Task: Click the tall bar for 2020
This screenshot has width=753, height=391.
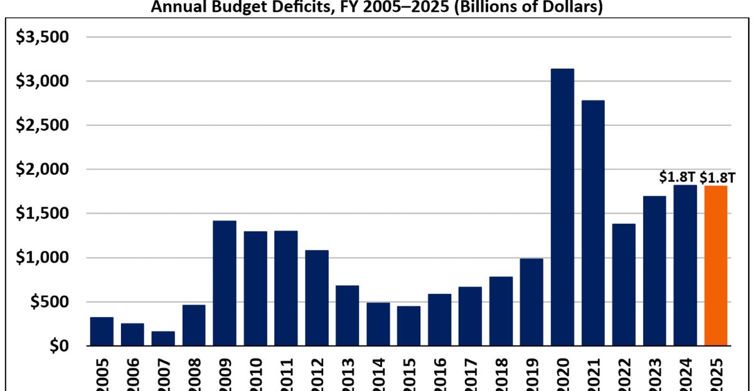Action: tap(562, 207)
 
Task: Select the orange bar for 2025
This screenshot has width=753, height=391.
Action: tap(716, 266)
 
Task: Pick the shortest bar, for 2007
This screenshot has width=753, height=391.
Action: tap(163, 338)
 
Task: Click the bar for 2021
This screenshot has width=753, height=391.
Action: tap(593, 222)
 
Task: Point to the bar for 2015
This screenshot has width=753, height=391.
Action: tap(409, 326)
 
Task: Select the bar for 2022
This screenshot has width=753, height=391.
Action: tap(624, 284)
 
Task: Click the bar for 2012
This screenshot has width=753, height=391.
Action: tap(317, 298)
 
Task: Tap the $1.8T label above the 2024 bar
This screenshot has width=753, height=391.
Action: tap(677, 177)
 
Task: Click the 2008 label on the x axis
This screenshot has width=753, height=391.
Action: tap(195, 375)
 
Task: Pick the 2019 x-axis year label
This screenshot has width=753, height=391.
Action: tap(532, 375)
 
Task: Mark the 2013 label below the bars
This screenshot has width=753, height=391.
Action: tap(348, 375)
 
